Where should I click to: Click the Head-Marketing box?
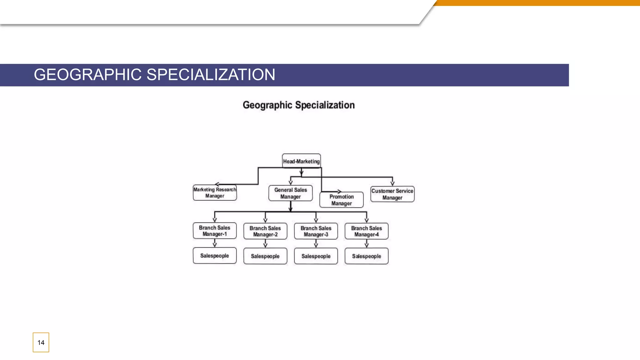point(301,161)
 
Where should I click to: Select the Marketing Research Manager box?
point(215,192)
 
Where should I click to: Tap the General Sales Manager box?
point(290,193)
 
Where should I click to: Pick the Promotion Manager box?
point(341,200)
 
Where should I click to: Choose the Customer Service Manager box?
point(392,194)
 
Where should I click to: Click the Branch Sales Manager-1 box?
point(214,231)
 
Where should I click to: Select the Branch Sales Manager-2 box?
point(265,231)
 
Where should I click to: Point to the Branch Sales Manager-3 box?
point(316,231)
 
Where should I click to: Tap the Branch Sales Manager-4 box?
point(366,231)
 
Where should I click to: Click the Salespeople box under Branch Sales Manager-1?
point(214,256)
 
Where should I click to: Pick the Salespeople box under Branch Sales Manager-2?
point(265,256)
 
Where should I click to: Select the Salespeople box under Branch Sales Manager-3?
point(316,256)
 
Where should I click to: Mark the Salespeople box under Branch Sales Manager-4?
point(366,256)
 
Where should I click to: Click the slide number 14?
point(41,342)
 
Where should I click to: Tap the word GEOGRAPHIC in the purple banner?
point(87,75)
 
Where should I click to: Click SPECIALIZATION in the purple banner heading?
point(211,75)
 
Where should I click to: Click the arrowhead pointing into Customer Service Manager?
point(392,183)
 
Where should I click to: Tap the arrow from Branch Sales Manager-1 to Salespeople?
point(214,243)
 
